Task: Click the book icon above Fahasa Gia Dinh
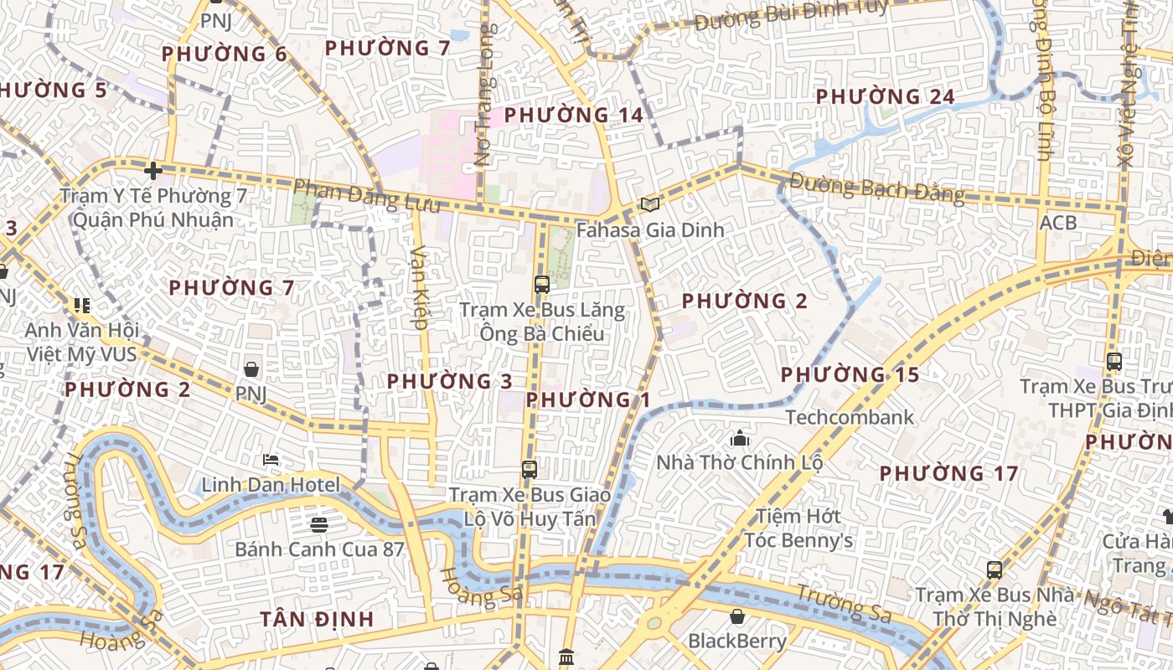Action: [x=650, y=204]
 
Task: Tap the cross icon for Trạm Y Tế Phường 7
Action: [x=152, y=171]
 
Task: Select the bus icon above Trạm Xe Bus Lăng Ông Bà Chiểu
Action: [x=541, y=284]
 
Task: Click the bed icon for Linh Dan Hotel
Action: [x=271, y=460]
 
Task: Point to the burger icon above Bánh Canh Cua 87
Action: [x=318, y=525]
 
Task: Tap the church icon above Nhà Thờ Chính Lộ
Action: [x=739, y=437]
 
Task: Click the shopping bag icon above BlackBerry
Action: [x=737, y=616]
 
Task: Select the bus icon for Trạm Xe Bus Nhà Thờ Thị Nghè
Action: [x=994, y=570]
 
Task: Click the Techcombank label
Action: [x=850, y=417]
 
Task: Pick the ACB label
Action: [x=1057, y=224]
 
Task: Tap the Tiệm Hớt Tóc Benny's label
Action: [x=798, y=528]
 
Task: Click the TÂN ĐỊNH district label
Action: [x=317, y=619]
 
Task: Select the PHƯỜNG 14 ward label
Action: [x=574, y=115]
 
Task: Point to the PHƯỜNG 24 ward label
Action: [x=885, y=97]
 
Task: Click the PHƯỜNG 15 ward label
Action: [x=850, y=374]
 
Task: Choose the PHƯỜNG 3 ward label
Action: [x=449, y=381]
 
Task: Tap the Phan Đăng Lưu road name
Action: [x=366, y=196]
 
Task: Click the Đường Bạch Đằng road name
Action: [x=876, y=188]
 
